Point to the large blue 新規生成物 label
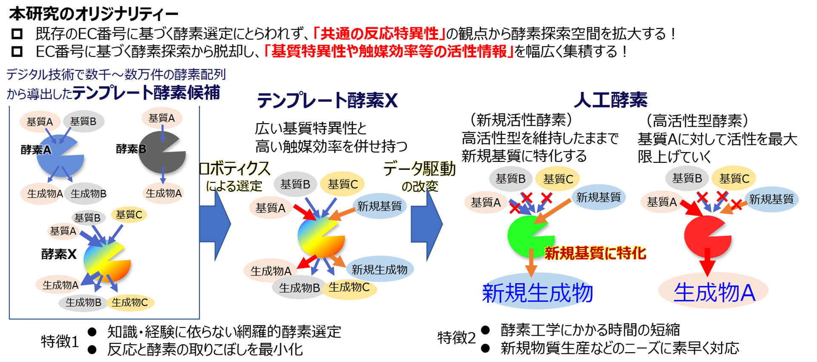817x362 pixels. [537, 293]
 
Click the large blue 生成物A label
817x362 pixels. [714, 292]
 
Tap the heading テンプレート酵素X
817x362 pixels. [327, 101]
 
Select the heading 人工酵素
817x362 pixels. [611, 100]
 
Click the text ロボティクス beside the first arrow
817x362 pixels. [234, 169]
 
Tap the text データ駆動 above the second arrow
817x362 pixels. [420, 169]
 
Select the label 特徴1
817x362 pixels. [60, 341]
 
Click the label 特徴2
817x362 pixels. [457, 338]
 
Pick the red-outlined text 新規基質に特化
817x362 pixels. [595, 253]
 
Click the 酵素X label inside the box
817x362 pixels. [59, 254]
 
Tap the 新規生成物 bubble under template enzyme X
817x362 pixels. [380, 269]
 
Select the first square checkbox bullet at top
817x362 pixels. [17, 34]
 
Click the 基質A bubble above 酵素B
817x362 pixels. [162, 118]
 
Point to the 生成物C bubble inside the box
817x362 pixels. [130, 303]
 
